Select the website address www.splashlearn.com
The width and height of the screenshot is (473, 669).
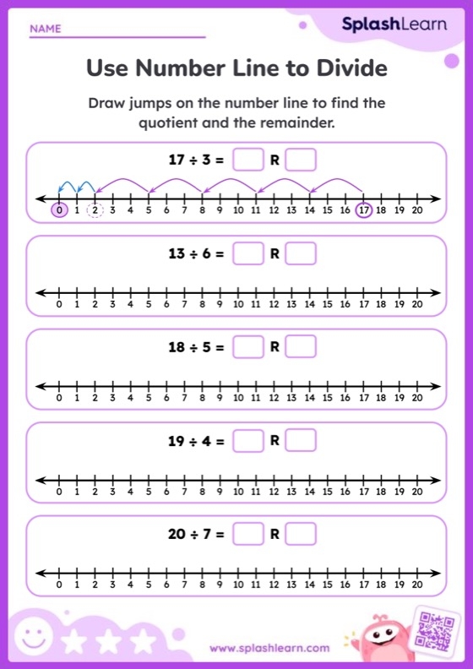pyautogui.click(x=269, y=649)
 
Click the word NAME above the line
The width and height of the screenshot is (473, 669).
pyautogui.click(x=46, y=29)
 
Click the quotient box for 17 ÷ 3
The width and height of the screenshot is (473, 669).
pyautogui.click(x=247, y=159)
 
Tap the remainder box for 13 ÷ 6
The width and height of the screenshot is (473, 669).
pyautogui.click(x=301, y=253)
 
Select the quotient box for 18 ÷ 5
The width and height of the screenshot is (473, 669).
pyautogui.click(x=247, y=346)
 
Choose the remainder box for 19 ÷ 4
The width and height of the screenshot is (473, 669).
pyautogui.click(x=301, y=440)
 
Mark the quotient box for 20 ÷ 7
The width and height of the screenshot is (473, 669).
pyautogui.click(x=247, y=534)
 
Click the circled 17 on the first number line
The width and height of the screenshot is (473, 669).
pyautogui.click(x=363, y=210)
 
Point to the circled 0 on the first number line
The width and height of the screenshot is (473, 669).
pyautogui.click(x=58, y=210)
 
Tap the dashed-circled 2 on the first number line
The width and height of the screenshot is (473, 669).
pyautogui.click(x=95, y=210)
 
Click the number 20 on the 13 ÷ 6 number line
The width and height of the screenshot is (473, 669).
pyautogui.click(x=416, y=304)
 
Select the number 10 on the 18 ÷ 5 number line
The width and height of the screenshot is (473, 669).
pyautogui.click(x=238, y=398)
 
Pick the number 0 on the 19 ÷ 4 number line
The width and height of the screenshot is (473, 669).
pyautogui.click(x=58, y=492)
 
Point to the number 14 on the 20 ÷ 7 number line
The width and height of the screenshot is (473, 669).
pyautogui.click(x=309, y=585)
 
